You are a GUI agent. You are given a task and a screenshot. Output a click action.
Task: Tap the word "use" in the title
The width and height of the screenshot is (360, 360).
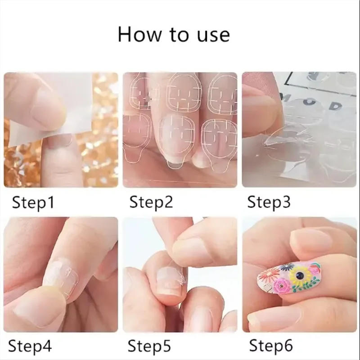click(x=211, y=35)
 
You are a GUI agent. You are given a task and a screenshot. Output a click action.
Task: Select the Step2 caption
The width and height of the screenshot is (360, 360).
click(x=151, y=202)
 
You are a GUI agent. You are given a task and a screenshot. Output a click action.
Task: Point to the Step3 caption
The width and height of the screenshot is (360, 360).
click(x=269, y=202)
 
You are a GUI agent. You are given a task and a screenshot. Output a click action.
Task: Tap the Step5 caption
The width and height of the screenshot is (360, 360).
click(x=149, y=346)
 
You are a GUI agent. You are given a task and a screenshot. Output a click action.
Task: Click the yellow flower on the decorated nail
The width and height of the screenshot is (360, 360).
click(x=299, y=275)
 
